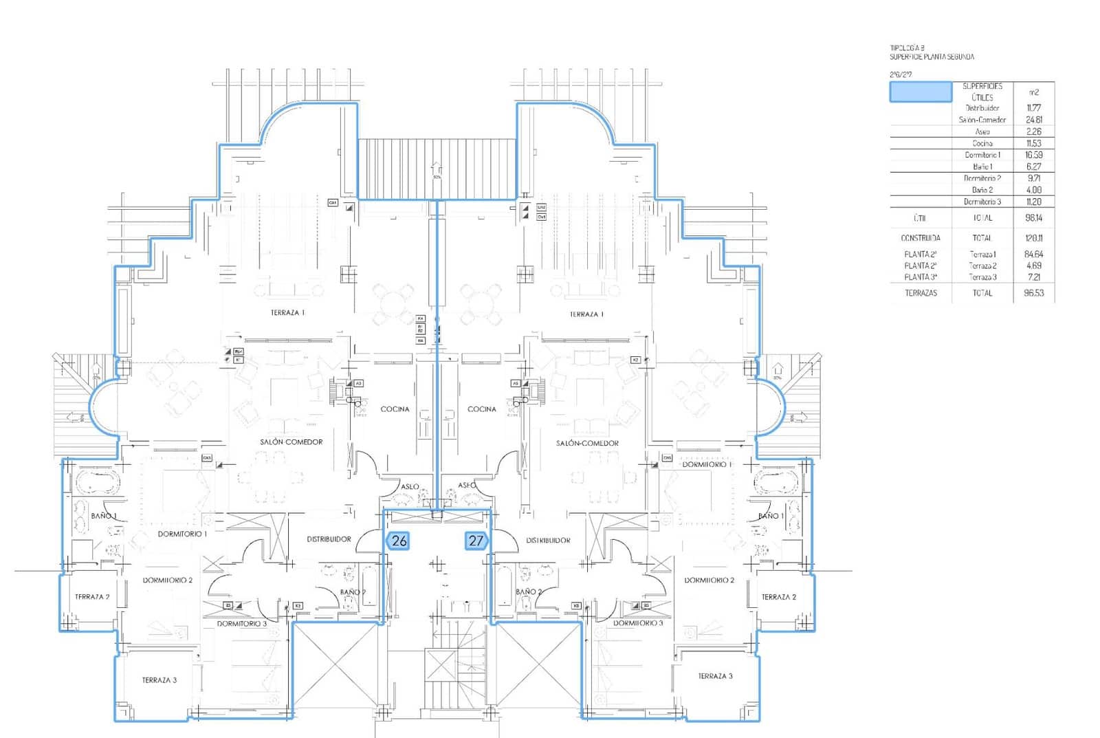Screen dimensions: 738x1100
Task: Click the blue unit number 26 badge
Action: (x=399, y=541)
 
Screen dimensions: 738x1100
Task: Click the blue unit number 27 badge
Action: (x=476, y=541)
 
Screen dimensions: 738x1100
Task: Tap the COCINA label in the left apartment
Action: (x=395, y=409)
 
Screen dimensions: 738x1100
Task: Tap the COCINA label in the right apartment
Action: (x=481, y=409)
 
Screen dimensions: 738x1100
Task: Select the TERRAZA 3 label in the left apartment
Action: (x=159, y=680)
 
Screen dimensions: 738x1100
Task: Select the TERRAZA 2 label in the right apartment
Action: (x=778, y=597)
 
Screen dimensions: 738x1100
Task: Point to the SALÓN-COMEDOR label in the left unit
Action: (x=291, y=442)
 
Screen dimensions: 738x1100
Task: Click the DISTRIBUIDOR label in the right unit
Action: (x=548, y=541)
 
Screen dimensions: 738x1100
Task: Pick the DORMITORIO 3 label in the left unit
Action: (x=241, y=624)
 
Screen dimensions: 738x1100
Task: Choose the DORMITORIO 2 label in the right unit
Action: (x=709, y=580)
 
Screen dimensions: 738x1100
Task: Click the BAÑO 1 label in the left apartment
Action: (x=104, y=516)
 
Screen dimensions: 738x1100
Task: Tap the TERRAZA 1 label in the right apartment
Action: (x=586, y=314)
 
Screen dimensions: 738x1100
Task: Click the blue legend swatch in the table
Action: (x=921, y=92)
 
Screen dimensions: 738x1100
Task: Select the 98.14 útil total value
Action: (x=1033, y=218)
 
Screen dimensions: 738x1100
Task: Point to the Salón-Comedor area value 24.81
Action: (x=1033, y=120)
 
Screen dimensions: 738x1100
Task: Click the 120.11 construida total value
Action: (x=1033, y=238)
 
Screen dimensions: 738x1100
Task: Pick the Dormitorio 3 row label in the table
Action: (x=982, y=202)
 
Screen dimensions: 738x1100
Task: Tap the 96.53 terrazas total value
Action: (x=1033, y=293)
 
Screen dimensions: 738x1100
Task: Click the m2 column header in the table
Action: (x=1033, y=92)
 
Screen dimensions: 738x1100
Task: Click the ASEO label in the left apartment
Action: (x=410, y=487)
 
